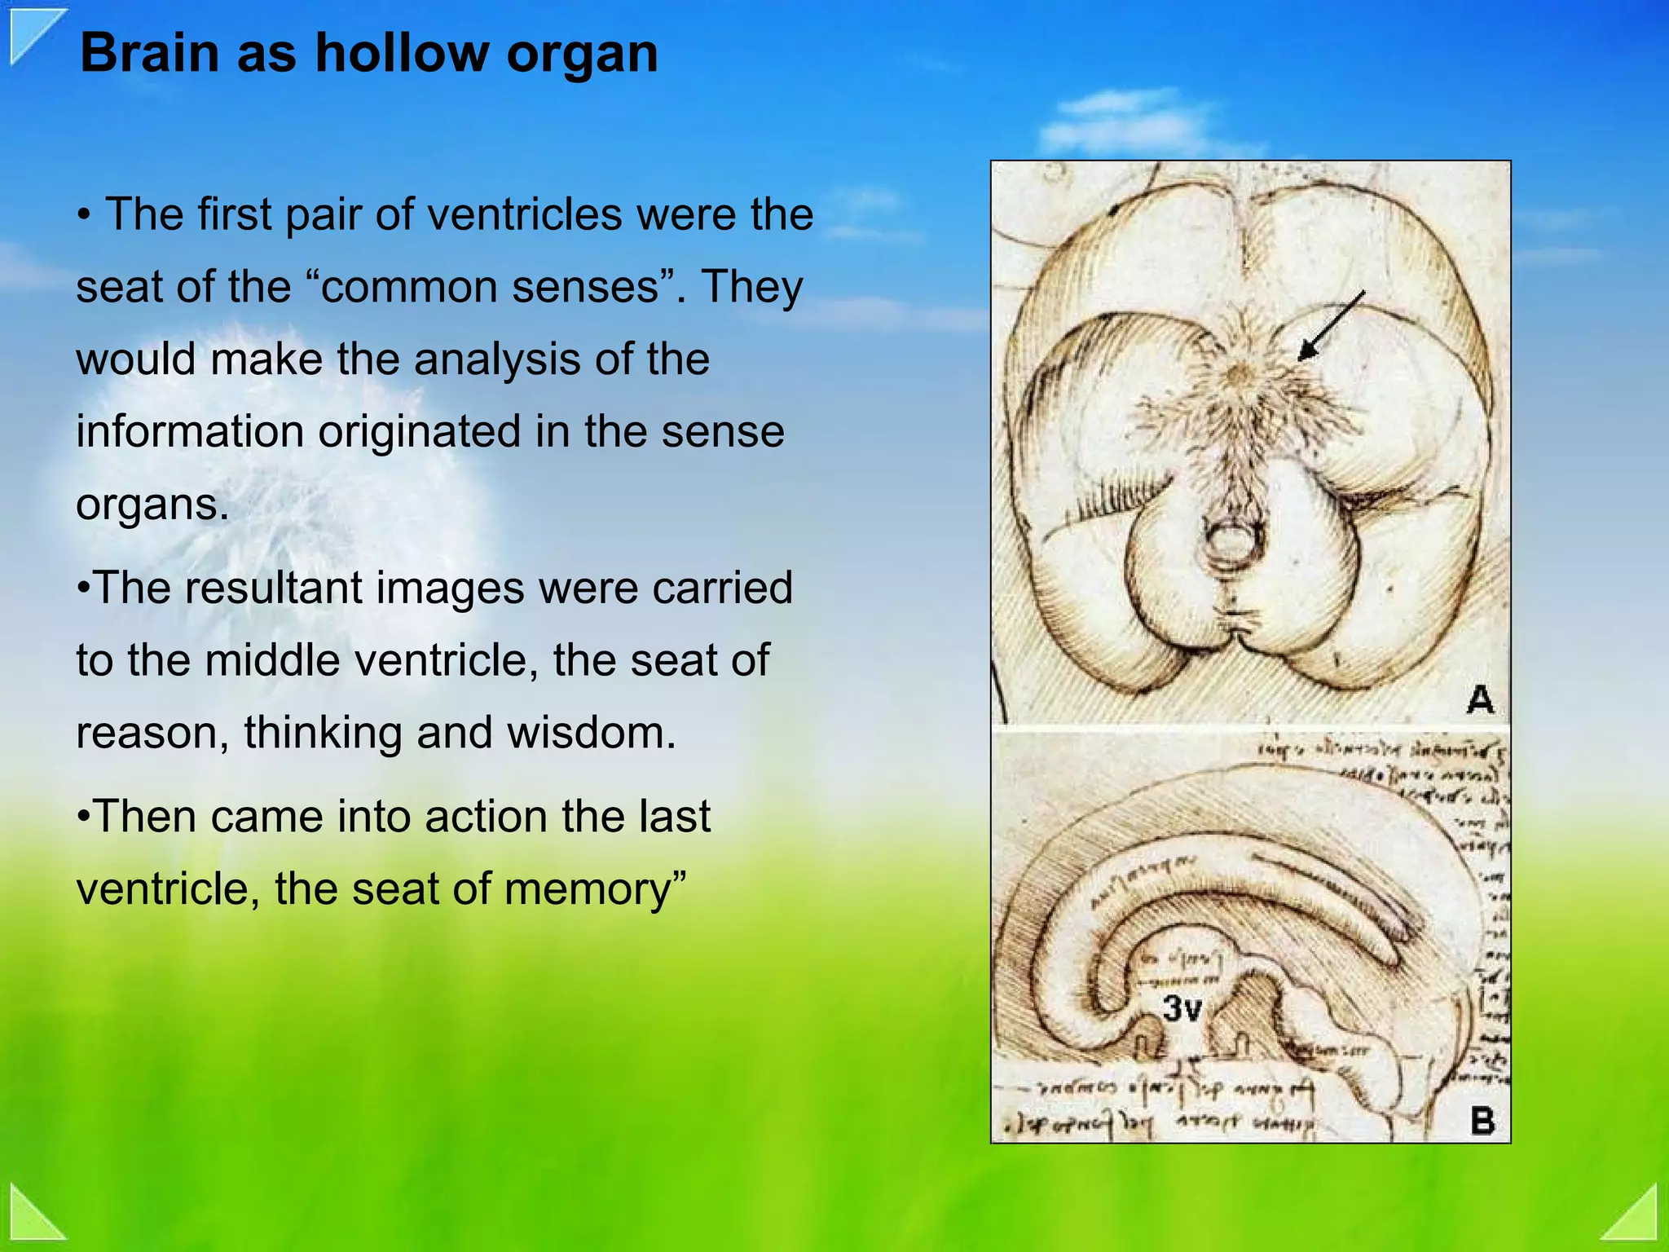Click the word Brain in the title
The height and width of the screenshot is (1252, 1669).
pyautogui.click(x=150, y=54)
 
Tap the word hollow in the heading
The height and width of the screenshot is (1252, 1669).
pyautogui.click(x=403, y=54)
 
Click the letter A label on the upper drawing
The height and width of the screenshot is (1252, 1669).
pyautogui.click(x=1480, y=699)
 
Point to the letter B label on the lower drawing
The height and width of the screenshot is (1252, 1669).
pyautogui.click(x=1482, y=1120)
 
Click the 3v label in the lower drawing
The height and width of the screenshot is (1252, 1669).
pyautogui.click(x=1182, y=1009)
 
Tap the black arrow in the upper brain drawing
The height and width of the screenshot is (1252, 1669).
pyautogui.click(x=1330, y=326)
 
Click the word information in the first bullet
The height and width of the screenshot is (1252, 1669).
pyautogui.click(x=189, y=431)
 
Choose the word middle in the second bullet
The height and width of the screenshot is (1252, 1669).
pyautogui.click(x=273, y=659)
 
